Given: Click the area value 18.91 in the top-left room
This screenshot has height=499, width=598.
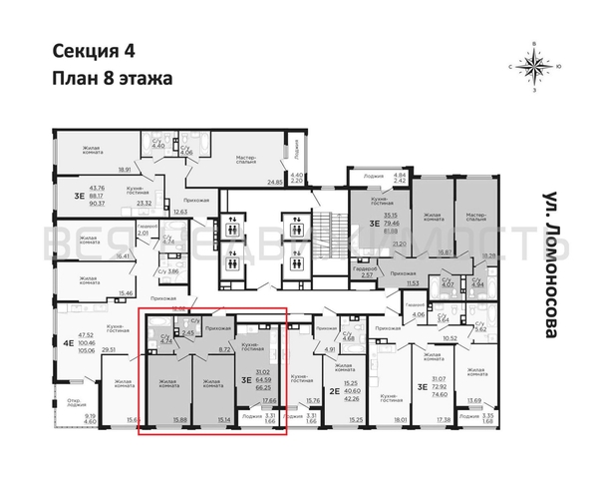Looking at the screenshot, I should click(x=126, y=170).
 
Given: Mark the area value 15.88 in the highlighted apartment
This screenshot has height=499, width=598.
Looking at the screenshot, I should click(x=179, y=419).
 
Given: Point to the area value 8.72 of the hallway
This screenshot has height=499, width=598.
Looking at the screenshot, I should click(x=225, y=350).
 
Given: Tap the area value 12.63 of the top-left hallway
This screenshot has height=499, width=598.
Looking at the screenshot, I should click(x=179, y=213).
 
